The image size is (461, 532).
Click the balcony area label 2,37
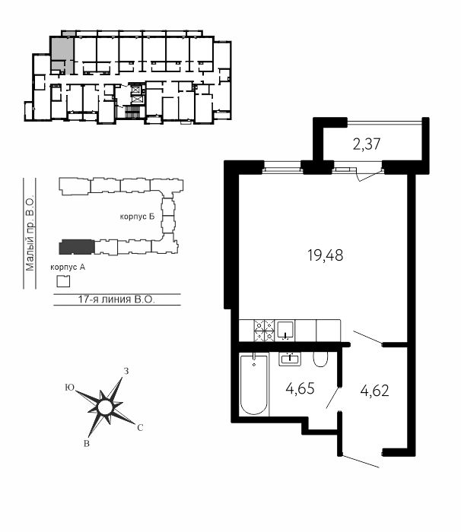[x=367, y=144]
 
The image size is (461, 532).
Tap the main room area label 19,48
[x=325, y=255]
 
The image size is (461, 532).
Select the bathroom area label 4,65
[x=300, y=388]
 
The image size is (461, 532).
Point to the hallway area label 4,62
[x=374, y=391]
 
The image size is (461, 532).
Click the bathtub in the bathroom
[x=254, y=384]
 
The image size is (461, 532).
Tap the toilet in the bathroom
[x=320, y=359]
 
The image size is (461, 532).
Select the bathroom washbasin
[x=290, y=359]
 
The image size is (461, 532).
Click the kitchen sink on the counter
[x=285, y=331]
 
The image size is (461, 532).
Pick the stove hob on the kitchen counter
[x=264, y=331]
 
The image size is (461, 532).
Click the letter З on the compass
[x=126, y=371]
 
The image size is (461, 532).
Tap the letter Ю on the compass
[x=69, y=388]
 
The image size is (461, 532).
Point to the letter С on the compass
[x=140, y=428]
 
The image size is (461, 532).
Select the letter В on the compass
[x=87, y=443]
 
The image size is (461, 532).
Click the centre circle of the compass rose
[x=104, y=407]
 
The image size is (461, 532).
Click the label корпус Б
[x=137, y=217]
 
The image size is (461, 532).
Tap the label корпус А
[x=68, y=268]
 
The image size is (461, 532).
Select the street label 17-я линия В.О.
[x=116, y=299]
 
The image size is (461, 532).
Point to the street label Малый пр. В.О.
[x=30, y=233]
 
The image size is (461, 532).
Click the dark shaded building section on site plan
[x=77, y=247]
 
